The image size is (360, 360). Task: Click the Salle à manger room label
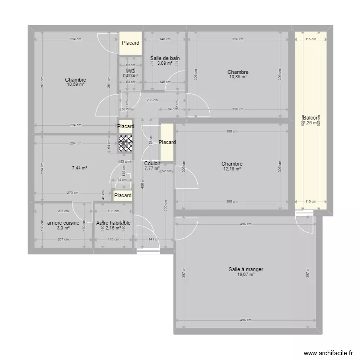click(246, 269)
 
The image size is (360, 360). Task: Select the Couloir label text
click(152, 163)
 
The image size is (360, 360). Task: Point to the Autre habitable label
click(113, 223)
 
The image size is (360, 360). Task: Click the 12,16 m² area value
click(232, 168)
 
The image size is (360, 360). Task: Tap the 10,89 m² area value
click(238, 77)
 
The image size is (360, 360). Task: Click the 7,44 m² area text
click(79, 168)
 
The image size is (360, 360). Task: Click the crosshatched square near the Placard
click(126, 144)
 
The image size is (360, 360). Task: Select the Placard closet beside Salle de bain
click(131, 43)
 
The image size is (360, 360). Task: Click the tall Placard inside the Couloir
click(167, 142)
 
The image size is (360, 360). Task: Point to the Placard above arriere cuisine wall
click(123, 195)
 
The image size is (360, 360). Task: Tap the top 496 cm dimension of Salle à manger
click(245, 224)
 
